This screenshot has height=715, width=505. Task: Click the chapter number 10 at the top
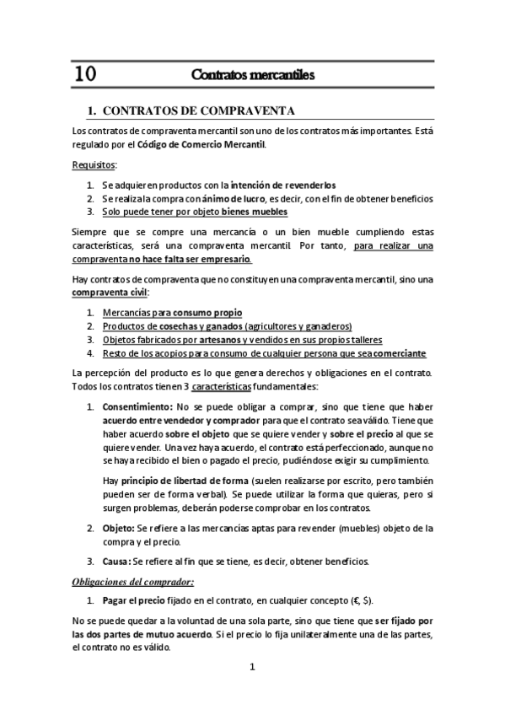(84, 74)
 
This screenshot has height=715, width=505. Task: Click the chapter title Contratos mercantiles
(253, 75)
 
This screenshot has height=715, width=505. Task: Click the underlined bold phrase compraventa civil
(109, 292)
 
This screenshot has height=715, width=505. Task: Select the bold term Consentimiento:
(137, 406)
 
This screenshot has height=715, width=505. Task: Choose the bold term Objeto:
(121, 528)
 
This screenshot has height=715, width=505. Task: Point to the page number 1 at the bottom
(252, 667)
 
